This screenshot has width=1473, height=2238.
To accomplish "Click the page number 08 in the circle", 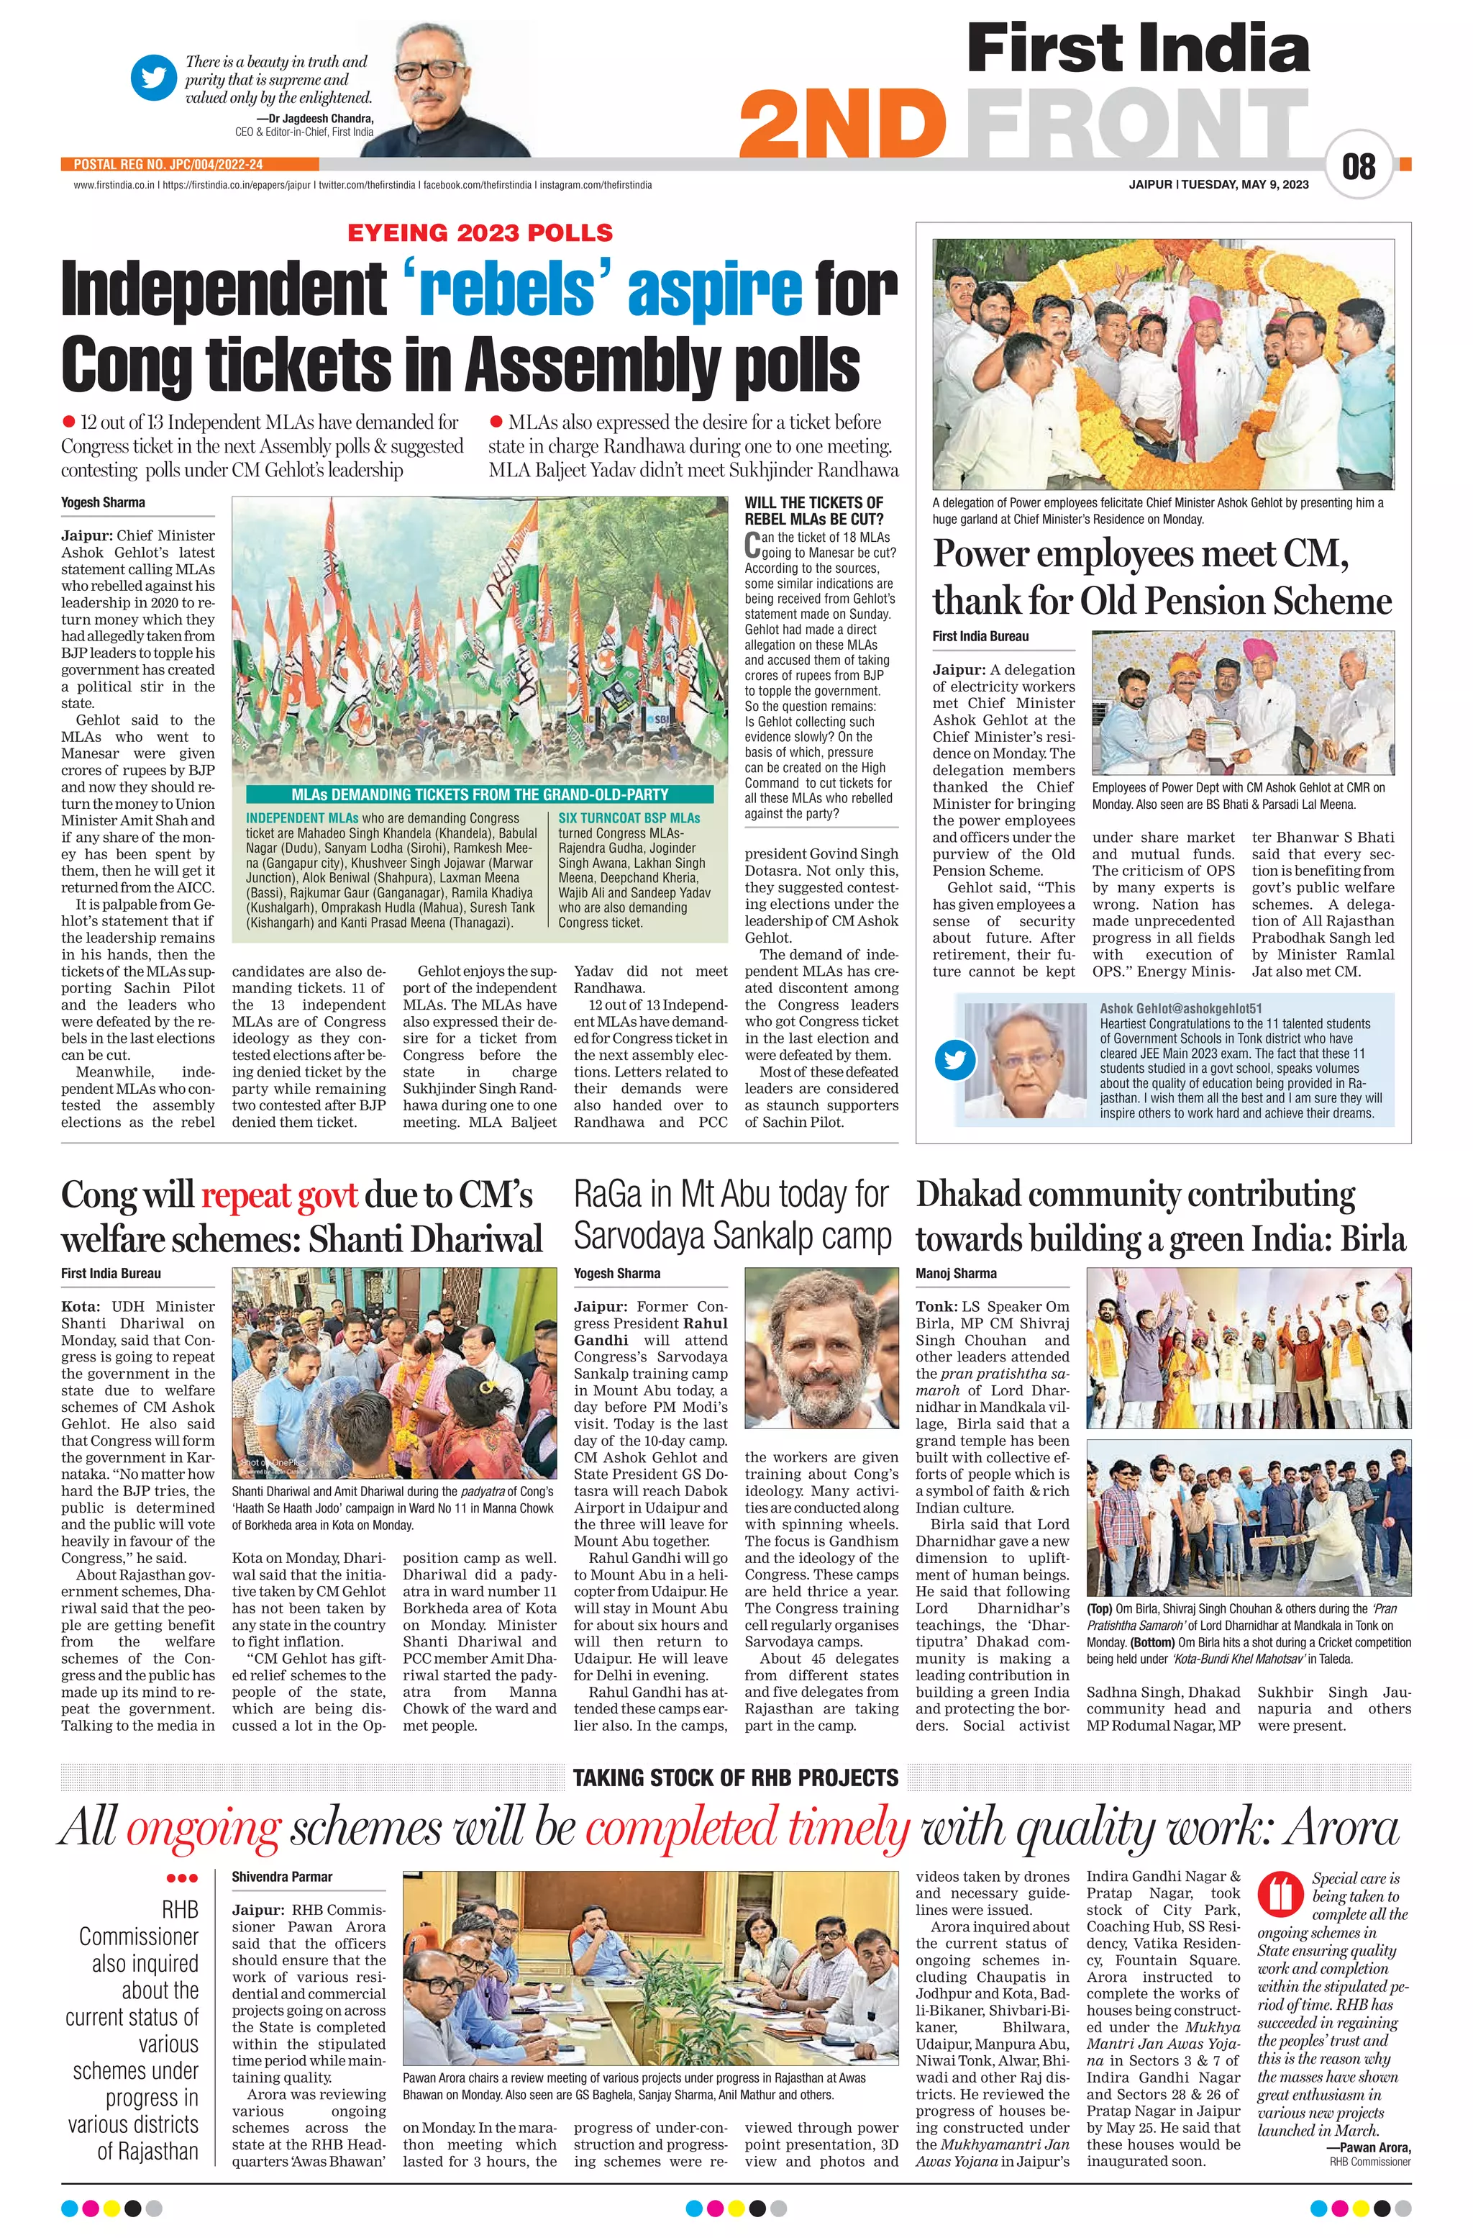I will coord(1359,168).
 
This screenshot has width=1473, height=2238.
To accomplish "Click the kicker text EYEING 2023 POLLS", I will coord(480,232).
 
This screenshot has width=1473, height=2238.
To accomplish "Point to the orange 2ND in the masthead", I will coord(843,127).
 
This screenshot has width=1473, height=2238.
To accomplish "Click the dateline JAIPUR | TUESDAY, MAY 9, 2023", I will coord(1218,184).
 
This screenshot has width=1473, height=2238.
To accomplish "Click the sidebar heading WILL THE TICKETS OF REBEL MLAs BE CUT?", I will coord(814,511).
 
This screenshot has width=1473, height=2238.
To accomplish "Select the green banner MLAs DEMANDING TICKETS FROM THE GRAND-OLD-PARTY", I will coord(480,794).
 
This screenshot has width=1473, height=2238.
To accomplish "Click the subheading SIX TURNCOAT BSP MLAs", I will coord(629,818).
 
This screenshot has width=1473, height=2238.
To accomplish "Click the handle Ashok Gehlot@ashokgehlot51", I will coord(1181,1008).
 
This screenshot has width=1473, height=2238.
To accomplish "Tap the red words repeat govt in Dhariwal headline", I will coord(278,1195).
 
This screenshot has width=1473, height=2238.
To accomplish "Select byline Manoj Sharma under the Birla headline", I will coord(955,1273).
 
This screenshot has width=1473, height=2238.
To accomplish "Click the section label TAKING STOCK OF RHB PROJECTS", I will coord(735,1778).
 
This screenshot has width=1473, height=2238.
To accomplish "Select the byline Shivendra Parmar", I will coord(282,1877).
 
